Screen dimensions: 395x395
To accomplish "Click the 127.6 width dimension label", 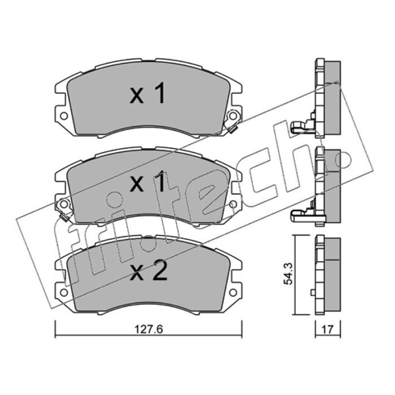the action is pyautogui.click(x=149, y=329).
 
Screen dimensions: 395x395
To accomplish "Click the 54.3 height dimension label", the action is pyautogui.click(x=288, y=274).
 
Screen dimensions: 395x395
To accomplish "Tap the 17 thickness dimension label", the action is pyautogui.click(x=327, y=329).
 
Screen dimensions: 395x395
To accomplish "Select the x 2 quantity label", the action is pyautogui.click(x=148, y=271).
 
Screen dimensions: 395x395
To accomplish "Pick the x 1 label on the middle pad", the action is pyautogui.click(x=147, y=181).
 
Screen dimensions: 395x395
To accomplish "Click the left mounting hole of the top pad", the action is pyautogui.click(x=64, y=116).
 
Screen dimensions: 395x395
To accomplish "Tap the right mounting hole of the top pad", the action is pyautogui.click(x=233, y=116).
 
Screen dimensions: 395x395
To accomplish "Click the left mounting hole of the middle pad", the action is pyautogui.click(x=64, y=204).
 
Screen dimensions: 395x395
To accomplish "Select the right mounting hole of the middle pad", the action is pyautogui.click(x=233, y=204).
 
